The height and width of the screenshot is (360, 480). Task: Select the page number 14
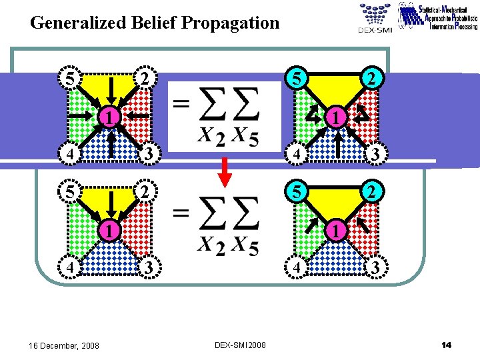pyautogui.click(x=447, y=345)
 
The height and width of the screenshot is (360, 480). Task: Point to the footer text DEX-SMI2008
pyautogui.click(x=240, y=345)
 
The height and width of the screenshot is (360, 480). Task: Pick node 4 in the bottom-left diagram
pyautogui.click(x=69, y=267)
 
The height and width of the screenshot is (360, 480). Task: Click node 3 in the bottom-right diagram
pyautogui.click(x=375, y=268)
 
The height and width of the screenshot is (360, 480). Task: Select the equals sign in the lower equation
pyautogui.click(x=181, y=213)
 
